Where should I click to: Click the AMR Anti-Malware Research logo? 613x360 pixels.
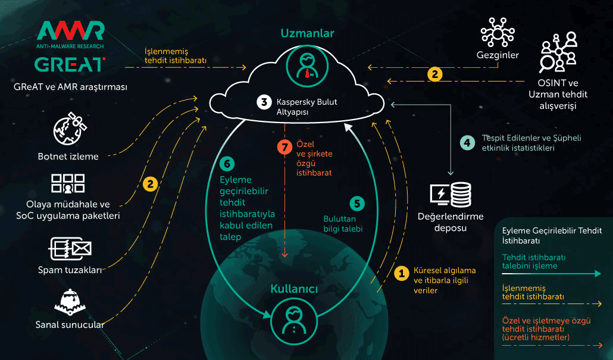(70, 35)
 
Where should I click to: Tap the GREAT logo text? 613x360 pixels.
(70, 65)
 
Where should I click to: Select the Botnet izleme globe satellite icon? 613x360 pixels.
(70, 129)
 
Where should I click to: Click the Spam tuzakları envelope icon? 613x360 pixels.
(70, 249)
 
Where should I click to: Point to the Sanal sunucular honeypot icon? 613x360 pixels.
(70, 302)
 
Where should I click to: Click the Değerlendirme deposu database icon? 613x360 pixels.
(451, 195)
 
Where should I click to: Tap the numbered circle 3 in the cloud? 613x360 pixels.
(264, 102)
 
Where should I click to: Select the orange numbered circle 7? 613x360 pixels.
(284, 148)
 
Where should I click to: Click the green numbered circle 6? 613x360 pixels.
(227, 164)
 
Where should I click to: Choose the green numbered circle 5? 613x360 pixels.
(357, 204)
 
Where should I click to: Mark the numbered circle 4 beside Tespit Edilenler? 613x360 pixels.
(467, 143)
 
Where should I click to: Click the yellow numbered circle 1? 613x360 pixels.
(402, 274)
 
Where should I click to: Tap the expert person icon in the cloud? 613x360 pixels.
(307, 65)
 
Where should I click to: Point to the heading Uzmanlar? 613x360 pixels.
(307, 33)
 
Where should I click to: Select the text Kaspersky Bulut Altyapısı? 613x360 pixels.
(306, 107)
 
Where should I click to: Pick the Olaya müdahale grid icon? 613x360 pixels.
(68, 184)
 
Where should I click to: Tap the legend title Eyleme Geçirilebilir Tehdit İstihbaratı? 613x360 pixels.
(552, 235)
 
